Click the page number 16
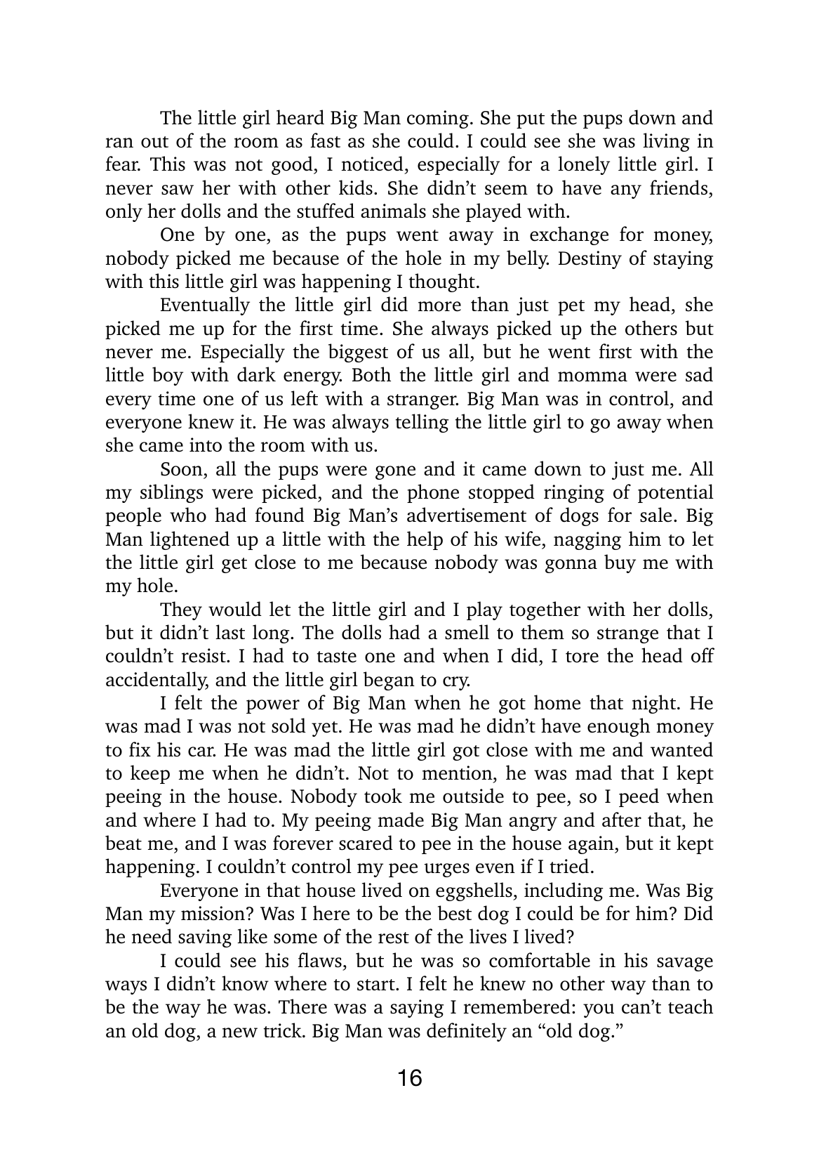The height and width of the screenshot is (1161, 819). (x=409, y=1077)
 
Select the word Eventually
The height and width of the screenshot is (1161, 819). (x=205, y=306)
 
